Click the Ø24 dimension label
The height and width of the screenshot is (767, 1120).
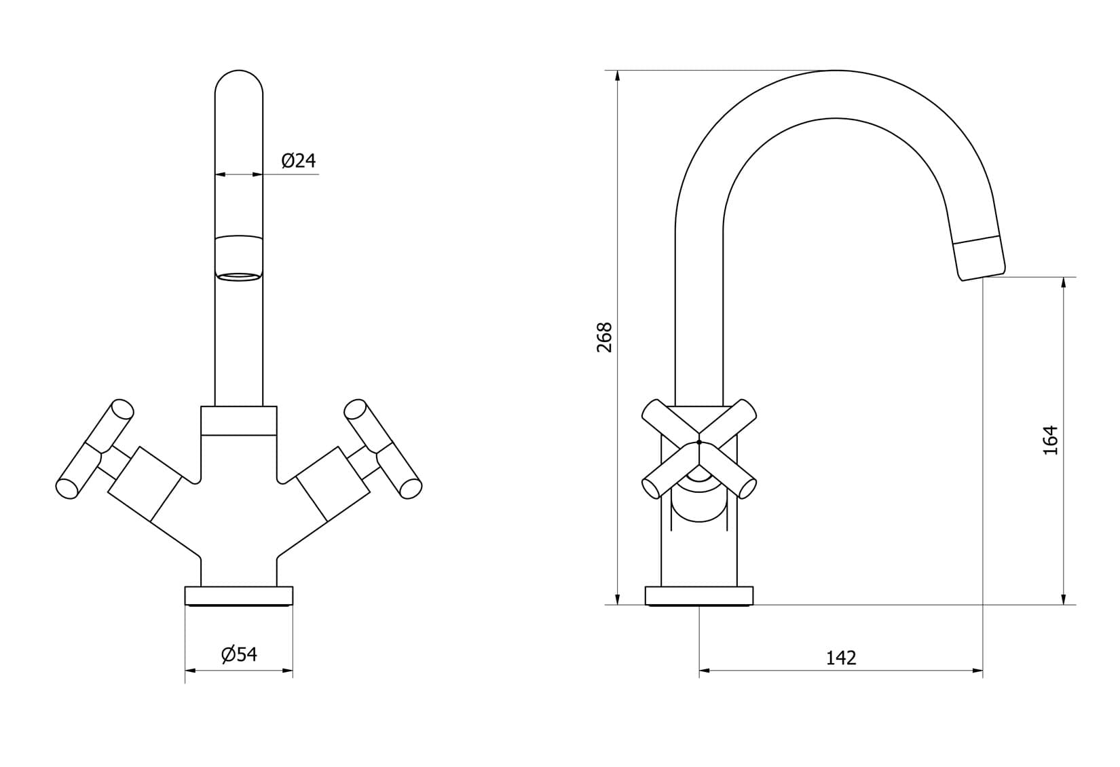[x=299, y=161]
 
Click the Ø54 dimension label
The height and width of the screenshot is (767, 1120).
[x=239, y=654]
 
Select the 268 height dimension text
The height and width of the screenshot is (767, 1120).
[x=604, y=337]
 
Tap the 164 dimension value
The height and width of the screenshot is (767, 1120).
[x=1050, y=440]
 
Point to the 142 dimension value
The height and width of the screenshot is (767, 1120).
[x=841, y=658]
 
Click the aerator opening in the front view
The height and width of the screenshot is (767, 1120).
[x=238, y=276]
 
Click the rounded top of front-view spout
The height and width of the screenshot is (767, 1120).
[x=238, y=81]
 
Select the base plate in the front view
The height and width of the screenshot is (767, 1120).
[x=238, y=595]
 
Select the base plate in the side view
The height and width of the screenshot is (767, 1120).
[x=698, y=595]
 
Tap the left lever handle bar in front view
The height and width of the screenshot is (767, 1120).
[x=94, y=449]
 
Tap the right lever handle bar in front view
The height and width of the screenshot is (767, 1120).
[x=383, y=449]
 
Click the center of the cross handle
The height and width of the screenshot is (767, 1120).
[x=698, y=443]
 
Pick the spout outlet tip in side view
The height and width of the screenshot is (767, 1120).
[x=979, y=258]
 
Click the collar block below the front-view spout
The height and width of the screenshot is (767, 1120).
[x=238, y=421]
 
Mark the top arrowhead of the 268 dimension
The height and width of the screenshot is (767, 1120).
[x=617, y=75]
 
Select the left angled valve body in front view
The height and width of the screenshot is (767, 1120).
[x=145, y=484]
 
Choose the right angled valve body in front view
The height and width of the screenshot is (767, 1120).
[x=333, y=484]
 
